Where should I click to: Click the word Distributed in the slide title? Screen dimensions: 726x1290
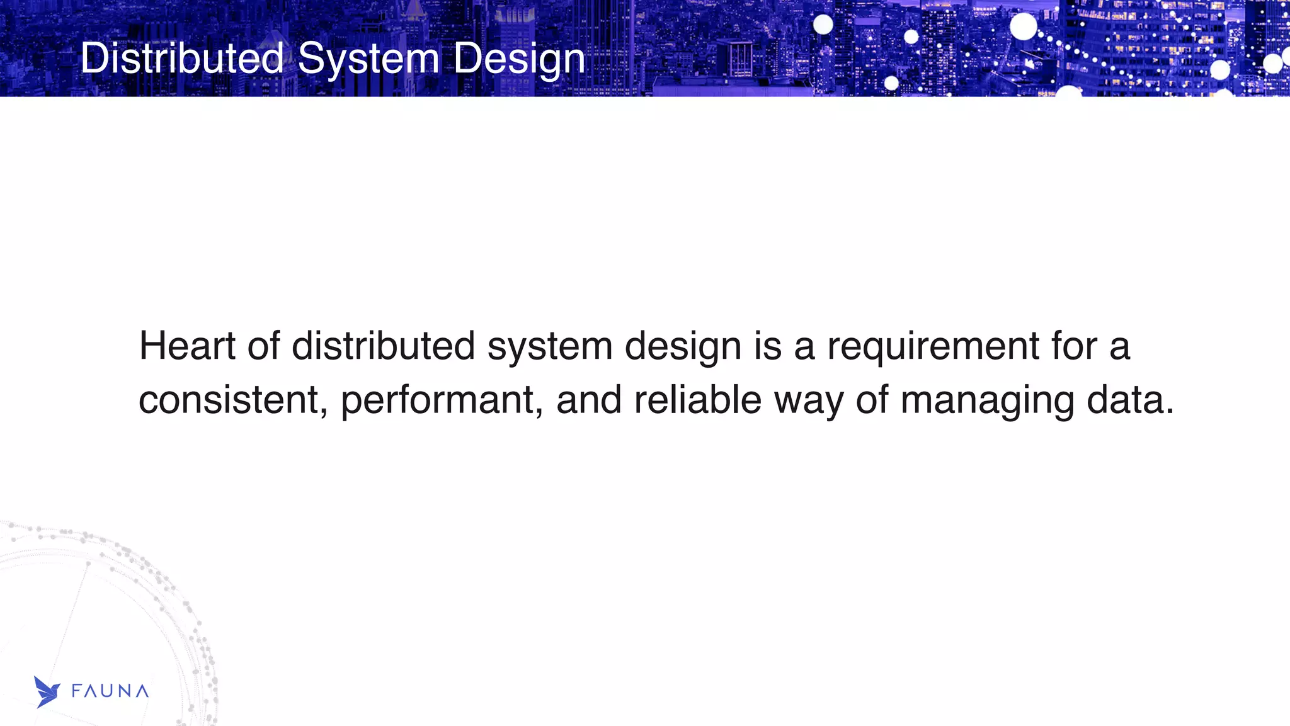[182, 59]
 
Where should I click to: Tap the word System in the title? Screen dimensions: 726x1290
[368, 59]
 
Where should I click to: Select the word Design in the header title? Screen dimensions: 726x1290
[519, 59]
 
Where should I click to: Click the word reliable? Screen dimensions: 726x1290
[697, 400]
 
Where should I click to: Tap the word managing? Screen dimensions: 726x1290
[987, 400]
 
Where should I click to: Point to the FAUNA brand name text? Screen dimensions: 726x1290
[110, 691]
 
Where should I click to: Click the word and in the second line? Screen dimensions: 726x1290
[588, 400]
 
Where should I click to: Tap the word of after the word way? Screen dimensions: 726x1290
[872, 400]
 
